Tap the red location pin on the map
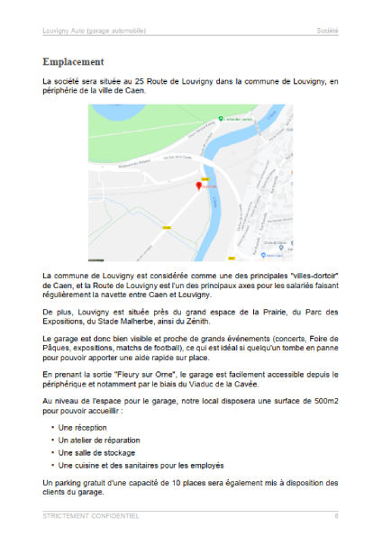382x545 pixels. pyautogui.click(x=199, y=185)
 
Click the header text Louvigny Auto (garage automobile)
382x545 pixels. pyautogui.click(x=97, y=31)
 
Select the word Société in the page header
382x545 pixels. pyautogui.click(x=327, y=31)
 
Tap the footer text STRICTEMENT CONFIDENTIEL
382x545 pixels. pyautogui.click(x=91, y=516)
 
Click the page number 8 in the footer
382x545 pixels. pyautogui.click(x=336, y=516)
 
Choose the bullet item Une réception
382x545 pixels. pyautogui.click(x=82, y=426)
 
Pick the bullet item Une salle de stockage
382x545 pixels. pyautogui.click(x=97, y=452)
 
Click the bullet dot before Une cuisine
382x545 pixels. pyautogui.click(x=52, y=466)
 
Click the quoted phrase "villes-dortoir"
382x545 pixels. pyautogui.click(x=307, y=274)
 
